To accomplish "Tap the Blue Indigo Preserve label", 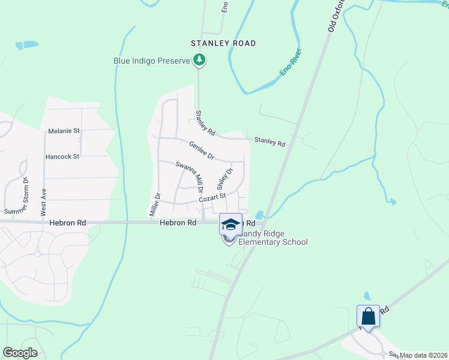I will [152, 60].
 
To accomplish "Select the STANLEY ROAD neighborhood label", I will [223, 43].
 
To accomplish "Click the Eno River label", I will [291, 62].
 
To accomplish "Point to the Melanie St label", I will [64, 131].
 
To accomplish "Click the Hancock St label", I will [62, 157].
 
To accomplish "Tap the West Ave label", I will [43, 205].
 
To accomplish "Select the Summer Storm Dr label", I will [16, 196].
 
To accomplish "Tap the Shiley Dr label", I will [224, 177].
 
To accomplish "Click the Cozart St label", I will [212, 197].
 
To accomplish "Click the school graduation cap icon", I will [230, 224].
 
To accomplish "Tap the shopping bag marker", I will [368, 316].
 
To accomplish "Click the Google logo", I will [20, 353].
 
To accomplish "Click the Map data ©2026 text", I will [424, 355].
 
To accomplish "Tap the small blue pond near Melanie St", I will [26, 45].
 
